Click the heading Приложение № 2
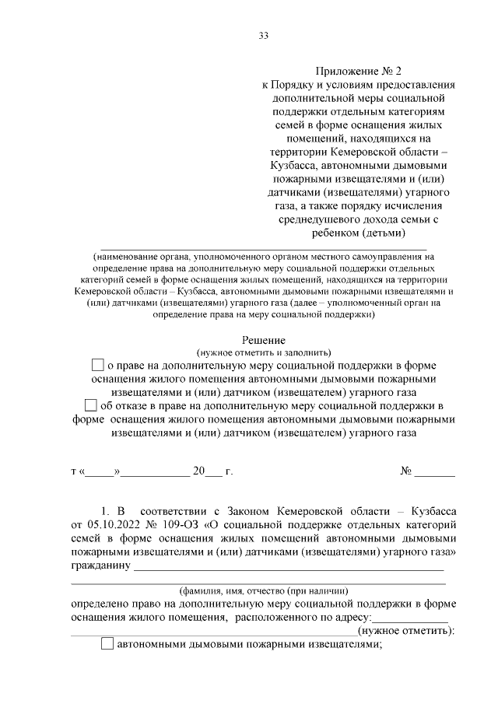click(x=359, y=69)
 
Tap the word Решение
click(x=264, y=340)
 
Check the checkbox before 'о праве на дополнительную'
click(x=97, y=364)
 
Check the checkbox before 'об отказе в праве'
click(x=90, y=405)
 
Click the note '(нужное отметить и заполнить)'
click(x=264, y=352)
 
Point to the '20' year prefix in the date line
click(x=198, y=471)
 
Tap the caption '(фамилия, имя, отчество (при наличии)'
click(x=264, y=590)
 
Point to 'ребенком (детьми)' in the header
click(x=359, y=233)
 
